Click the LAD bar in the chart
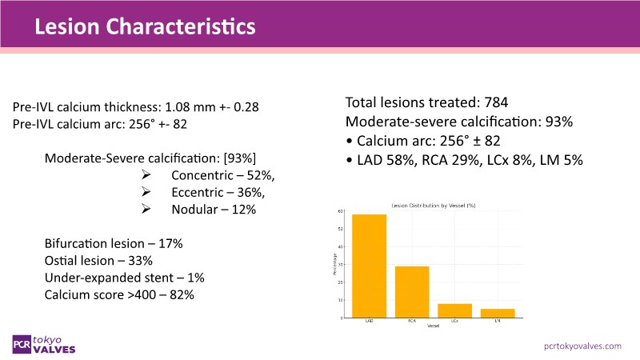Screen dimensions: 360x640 click(370, 266)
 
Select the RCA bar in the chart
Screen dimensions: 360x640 click(412, 292)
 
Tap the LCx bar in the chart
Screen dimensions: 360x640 click(454, 310)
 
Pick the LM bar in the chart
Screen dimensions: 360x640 click(498, 313)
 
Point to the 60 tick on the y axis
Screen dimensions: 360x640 click(341, 211)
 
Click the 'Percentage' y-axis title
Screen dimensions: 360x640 click(333, 264)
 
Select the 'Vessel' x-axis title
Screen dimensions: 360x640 click(434, 326)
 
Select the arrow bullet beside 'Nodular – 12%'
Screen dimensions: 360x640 click(146, 209)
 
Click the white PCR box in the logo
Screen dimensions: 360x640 click(22, 343)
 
